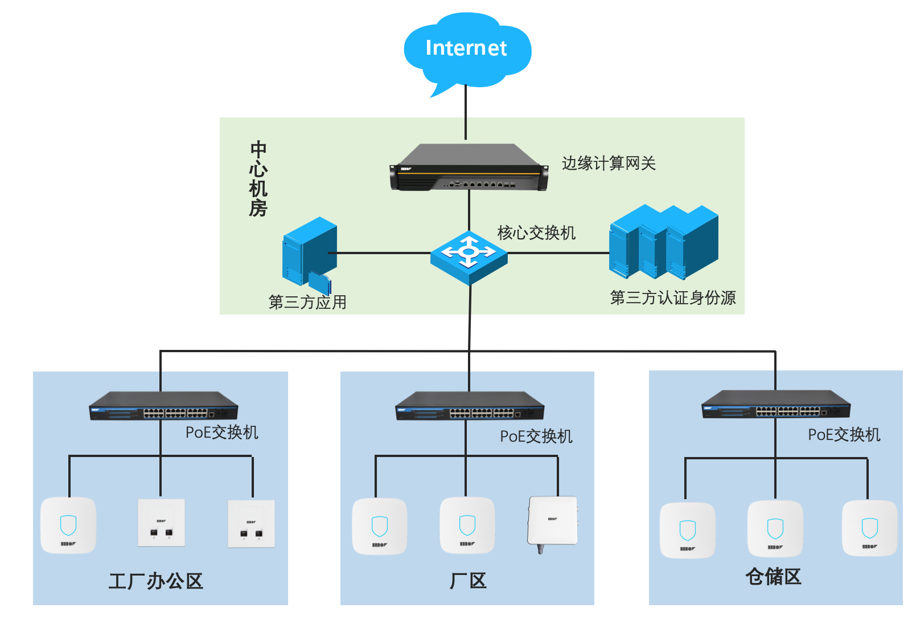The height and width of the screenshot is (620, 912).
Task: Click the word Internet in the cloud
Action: coord(466,48)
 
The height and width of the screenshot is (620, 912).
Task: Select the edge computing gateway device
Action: coord(469,167)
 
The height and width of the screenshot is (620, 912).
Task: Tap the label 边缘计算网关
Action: coord(609,164)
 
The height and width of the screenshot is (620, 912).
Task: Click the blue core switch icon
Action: coord(469,258)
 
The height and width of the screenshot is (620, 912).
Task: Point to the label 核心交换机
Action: coord(536,232)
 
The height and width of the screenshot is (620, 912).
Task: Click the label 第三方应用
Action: coord(307,302)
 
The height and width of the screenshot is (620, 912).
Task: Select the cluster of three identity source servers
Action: coord(664,242)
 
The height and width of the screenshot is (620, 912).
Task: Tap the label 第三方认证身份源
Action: coord(672,297)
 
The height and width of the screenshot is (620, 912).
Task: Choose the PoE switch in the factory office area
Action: coord(163,406)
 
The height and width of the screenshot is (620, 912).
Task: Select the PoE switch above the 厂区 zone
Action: coord(470,406)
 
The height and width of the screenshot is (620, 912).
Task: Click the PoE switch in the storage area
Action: coord(775,404)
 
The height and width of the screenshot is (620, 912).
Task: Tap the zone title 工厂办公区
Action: coord(155,581)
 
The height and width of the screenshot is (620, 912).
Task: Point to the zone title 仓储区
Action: coord(773,576)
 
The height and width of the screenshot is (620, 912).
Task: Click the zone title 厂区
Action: coord(468,581)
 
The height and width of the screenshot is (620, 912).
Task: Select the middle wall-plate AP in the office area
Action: coord(161,523)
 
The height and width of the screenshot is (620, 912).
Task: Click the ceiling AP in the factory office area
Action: coord(68,525)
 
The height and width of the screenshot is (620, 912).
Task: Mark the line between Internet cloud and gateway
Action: coord(466,112)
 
